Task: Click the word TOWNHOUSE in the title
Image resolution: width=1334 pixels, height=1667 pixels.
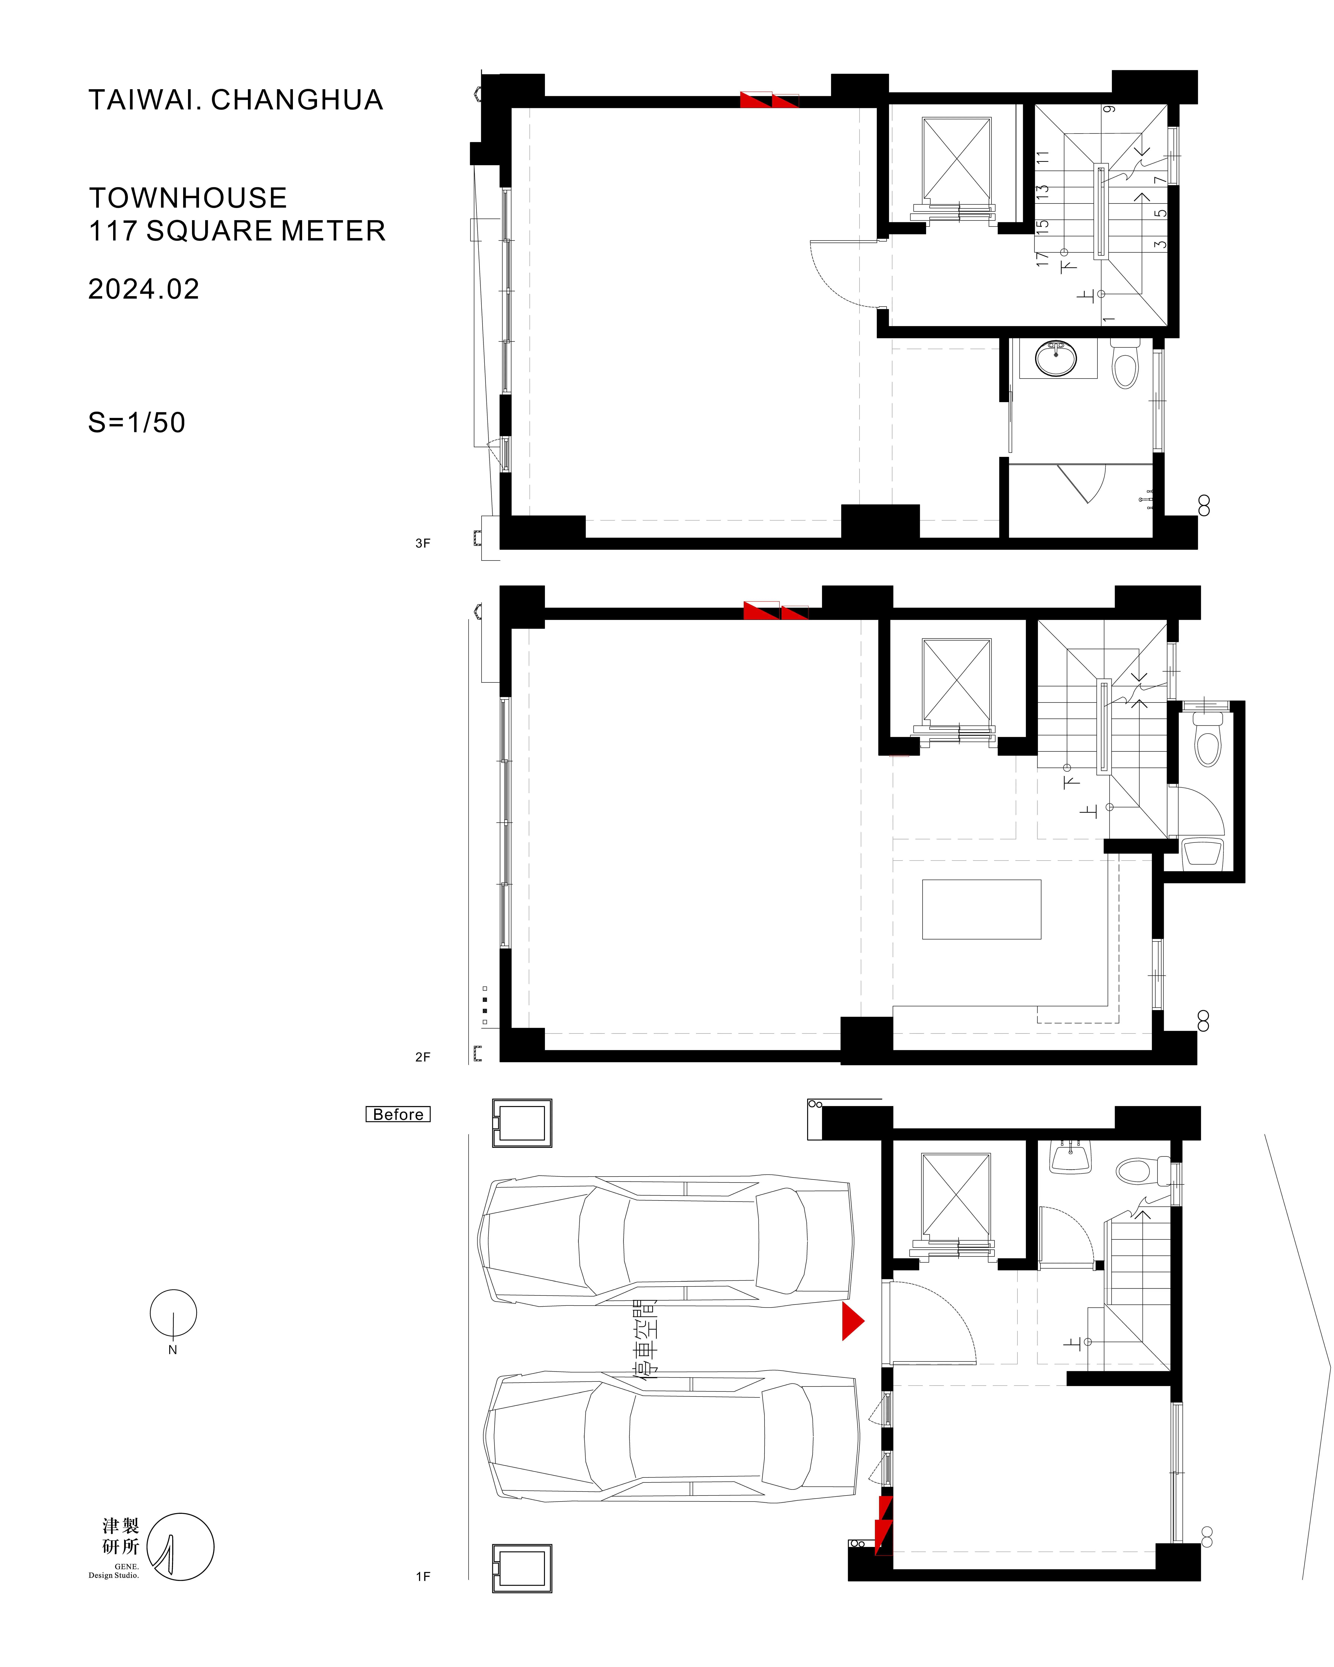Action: coord(188,198)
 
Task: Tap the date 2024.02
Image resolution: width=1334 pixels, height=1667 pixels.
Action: coord(144,289)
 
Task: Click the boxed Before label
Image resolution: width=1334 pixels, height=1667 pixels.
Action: coord(398,1114)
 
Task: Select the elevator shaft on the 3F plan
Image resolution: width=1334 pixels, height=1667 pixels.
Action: coord(957,160)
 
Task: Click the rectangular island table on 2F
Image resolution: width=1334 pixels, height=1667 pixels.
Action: coord(981,909)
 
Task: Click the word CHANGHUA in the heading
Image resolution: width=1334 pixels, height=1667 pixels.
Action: coord(297,100)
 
